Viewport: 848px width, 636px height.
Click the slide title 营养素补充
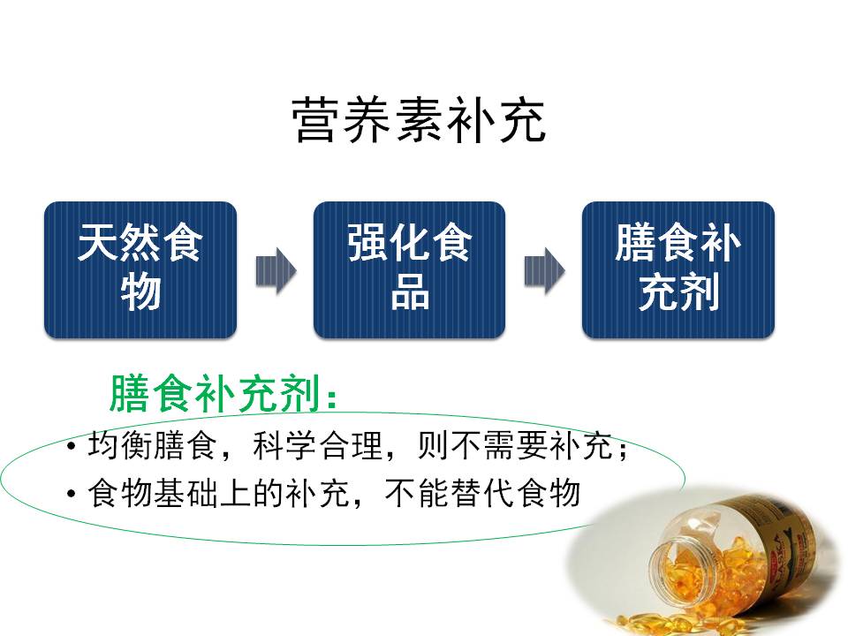click(x=418, y=121)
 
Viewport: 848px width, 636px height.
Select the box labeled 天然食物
click(x=140, y=269)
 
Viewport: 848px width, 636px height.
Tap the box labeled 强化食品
click(x=409, y=269)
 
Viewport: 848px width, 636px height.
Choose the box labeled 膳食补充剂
click(x=678, y=269)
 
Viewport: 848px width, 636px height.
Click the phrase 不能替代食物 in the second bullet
click(x=482, y=492)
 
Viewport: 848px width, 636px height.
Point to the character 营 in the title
click(x=310, y=121)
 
